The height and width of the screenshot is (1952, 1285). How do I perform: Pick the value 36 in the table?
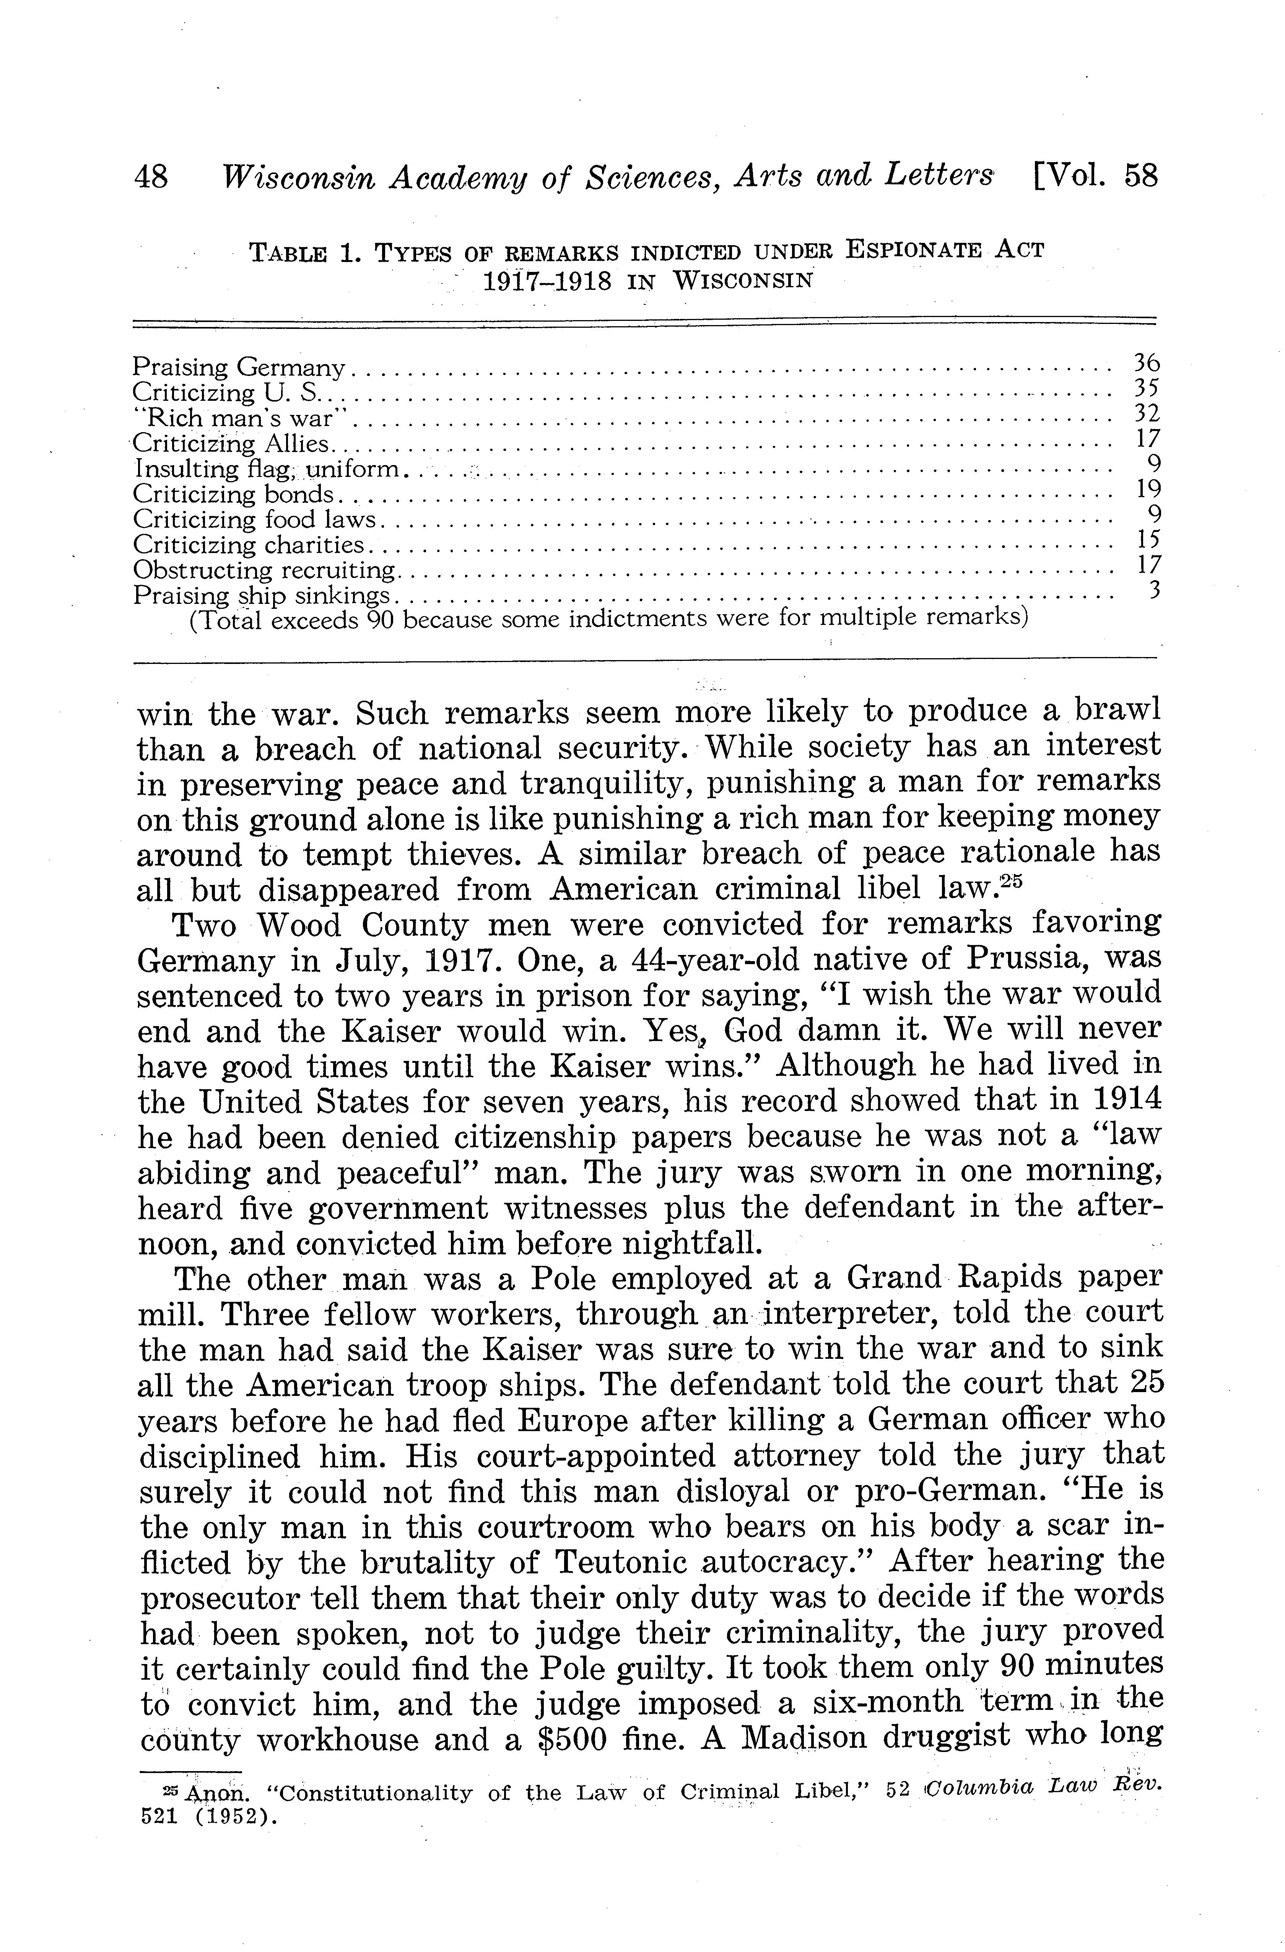[x=1145, y=363]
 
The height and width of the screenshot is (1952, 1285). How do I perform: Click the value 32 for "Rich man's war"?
[x=1145, y=413]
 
